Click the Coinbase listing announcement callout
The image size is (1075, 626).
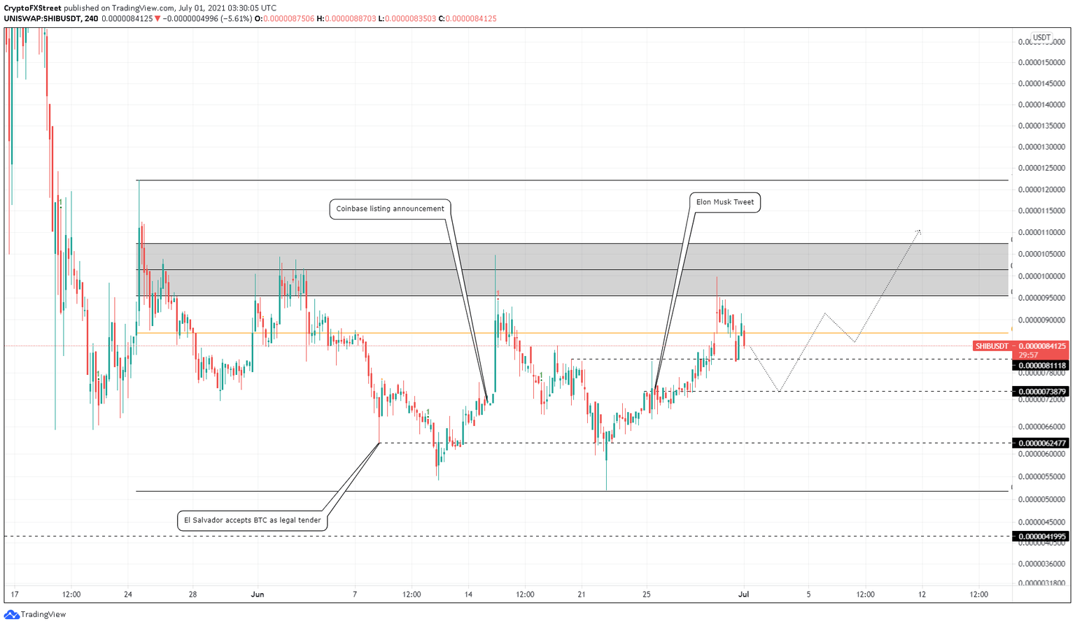390,208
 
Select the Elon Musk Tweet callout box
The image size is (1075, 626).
724,202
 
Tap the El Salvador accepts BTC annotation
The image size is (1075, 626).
252,520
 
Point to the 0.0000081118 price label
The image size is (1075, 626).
1041,366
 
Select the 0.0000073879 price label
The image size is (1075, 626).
1041,392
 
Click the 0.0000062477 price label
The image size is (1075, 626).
1041,443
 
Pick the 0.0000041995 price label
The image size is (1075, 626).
1041,537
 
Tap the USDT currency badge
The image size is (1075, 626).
1041,38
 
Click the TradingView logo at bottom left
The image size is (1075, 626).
35,615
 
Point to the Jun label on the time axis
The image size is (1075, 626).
258,595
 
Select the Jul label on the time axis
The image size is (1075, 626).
743,595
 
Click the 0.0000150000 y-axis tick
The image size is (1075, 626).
1041,62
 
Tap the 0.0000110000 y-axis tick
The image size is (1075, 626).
1041,232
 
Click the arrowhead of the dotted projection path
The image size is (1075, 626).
919,231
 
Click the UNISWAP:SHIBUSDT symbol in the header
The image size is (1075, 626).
42,19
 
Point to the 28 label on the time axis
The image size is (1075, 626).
192,595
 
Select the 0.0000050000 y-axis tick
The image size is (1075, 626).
1041,499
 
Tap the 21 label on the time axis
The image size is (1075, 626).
581,595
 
